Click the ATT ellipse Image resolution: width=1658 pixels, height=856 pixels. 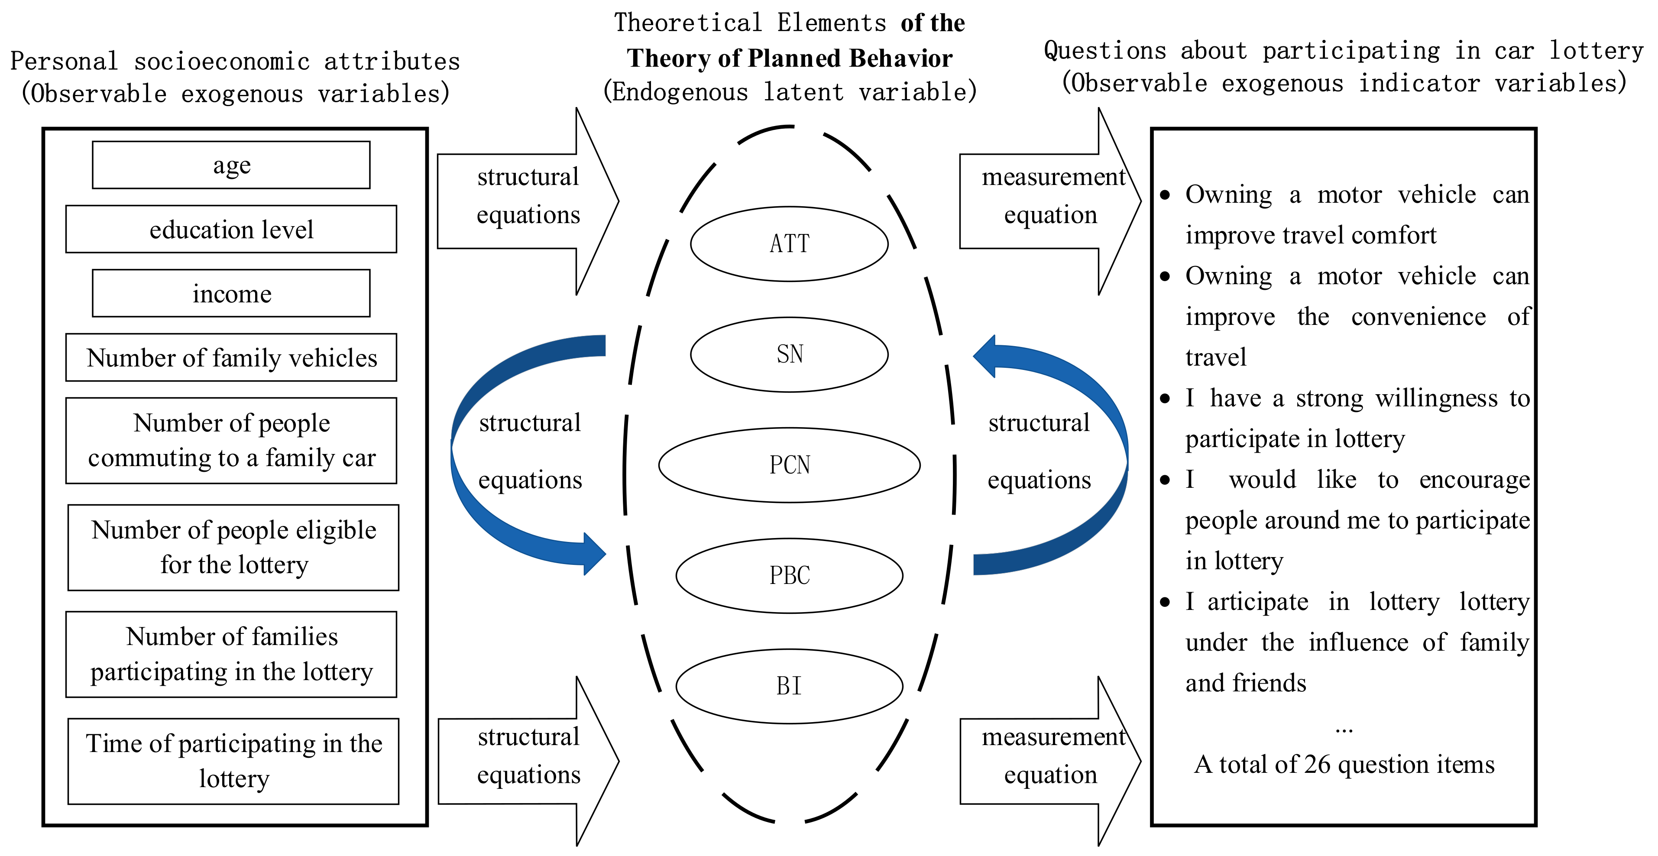789,244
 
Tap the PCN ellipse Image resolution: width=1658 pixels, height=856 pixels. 789,465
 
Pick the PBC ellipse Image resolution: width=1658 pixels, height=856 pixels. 789,575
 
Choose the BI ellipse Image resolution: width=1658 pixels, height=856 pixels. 789,686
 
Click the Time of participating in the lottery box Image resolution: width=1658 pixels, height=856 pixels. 233,762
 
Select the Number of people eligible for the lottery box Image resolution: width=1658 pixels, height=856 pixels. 233,548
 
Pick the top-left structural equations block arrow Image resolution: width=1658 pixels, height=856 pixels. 528,201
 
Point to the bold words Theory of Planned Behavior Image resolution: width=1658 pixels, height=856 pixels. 790,58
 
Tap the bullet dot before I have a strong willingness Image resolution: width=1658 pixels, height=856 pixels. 1165,399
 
